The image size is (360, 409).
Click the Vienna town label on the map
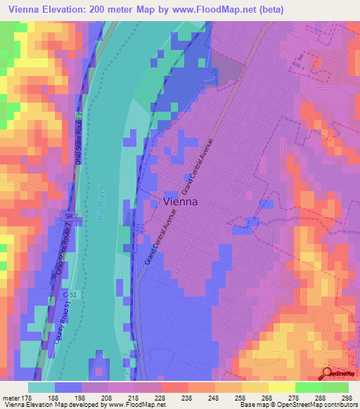(180, 201)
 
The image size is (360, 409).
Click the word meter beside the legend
(13, 397)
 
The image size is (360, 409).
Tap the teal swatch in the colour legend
(41, 387)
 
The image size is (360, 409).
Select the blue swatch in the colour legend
(68, 387)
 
